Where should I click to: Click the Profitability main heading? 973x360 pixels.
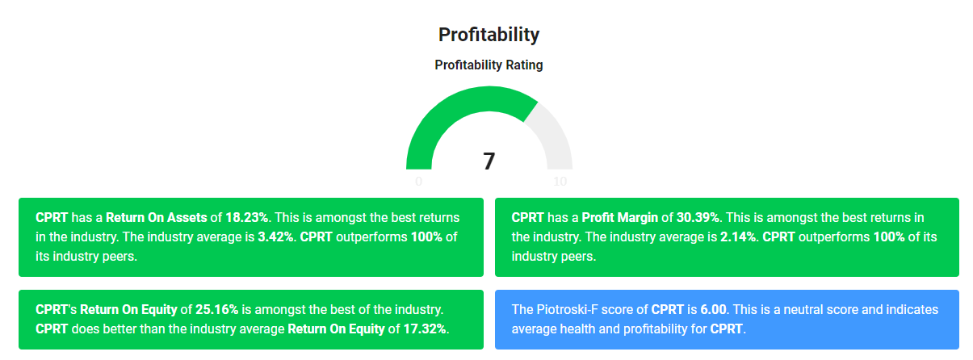click(489, 35)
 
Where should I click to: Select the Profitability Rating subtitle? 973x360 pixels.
click(489, 65)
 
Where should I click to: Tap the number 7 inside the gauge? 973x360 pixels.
click(489, 161)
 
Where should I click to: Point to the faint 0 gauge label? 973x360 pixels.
click(419, 181)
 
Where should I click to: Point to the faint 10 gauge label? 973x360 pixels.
click(560, 181)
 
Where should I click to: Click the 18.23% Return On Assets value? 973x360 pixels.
click(247, 218)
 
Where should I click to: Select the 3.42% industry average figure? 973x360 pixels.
click(275, 237)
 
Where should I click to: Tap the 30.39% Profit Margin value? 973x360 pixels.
click(698, 218)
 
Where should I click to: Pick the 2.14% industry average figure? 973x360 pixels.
click(738, 237)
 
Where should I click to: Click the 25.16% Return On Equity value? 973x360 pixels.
click(216, 310)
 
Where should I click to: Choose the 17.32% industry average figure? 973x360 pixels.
click(425, 329)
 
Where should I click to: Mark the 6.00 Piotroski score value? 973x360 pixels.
click(713, 310)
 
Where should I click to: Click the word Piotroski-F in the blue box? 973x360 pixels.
click(568, 310)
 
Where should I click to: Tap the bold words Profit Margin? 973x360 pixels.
click(620, 218)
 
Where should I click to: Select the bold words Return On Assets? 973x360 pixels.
click(157, 218)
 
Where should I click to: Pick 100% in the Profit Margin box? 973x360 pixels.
click(889, 237)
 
